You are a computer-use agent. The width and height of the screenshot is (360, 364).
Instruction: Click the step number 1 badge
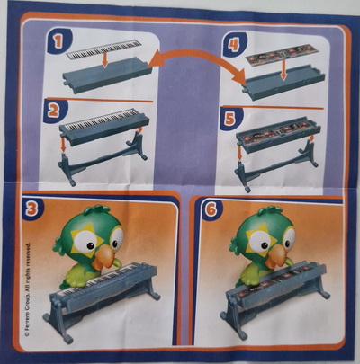[58, 41]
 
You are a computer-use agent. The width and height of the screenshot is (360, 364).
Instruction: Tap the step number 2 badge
[55, 111]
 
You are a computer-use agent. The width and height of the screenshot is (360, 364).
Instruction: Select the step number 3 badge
[32, 209]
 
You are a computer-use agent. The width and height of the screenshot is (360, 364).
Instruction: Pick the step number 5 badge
[230, 119]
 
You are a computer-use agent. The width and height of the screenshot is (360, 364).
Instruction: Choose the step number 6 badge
[211, 210]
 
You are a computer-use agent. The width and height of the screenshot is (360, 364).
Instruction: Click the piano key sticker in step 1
[103, 49]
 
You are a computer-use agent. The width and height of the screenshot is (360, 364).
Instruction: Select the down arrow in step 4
[282, 71]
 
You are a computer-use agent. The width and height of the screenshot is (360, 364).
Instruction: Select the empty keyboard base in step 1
[107, 75]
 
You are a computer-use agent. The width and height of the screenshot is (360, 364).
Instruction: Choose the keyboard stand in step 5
[276, 166]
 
